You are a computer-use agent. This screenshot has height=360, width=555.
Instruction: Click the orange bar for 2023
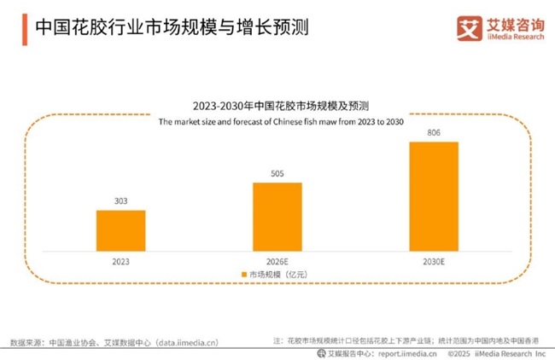(x=120, y=228)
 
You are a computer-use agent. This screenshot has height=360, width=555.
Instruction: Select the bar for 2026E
(x=277, y=213)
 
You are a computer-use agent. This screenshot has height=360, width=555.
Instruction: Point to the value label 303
(x=120, y=202)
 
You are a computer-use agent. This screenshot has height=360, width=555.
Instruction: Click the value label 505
(x=277, y=174)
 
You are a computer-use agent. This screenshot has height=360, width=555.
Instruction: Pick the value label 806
(x=434, y=133)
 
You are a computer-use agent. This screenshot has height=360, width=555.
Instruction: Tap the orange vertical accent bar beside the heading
(x=20, y=27)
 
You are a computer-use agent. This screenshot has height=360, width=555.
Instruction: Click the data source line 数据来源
(x=115, y=342)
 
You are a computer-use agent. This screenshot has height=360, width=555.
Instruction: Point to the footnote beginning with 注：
(x=406, y=340)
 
